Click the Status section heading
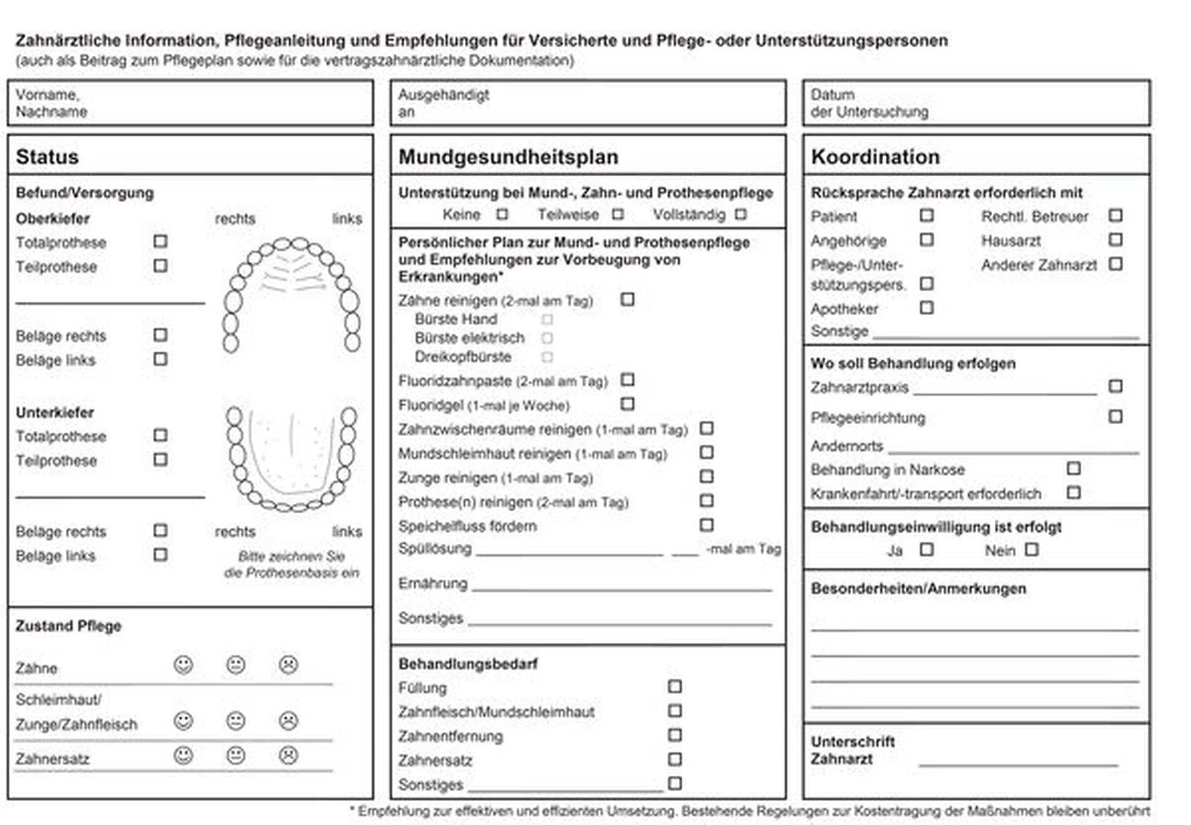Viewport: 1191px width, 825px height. [x=47, y=157]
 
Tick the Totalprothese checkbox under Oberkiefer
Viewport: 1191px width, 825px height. [x=160, y=242]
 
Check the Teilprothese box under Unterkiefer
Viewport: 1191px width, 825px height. [x=160, y=460]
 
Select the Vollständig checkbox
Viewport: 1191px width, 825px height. [x=741, y=214]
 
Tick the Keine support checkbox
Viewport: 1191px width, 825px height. [x=502, y=214]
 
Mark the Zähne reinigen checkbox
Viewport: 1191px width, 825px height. [x=627, y=299]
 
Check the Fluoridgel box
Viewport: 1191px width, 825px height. [x=627, y=404]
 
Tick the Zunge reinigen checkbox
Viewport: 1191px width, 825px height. [x=706, y=477]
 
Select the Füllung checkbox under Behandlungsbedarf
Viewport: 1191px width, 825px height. [x=674, y=687]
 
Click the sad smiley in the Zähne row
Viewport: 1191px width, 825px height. [x=288, y=665]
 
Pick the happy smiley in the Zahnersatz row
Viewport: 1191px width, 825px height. [x=183, y=755]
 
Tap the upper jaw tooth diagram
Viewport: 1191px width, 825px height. [x=291, y=294]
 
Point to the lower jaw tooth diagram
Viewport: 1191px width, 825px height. [x=291, y=457]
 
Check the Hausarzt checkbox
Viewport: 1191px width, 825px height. [x=1115, y=240]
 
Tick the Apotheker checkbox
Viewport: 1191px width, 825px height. [x=926, y=308]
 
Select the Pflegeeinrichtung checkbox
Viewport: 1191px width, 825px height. [x=1115, y=417]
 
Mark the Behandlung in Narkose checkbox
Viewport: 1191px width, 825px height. [x=1074, y=469]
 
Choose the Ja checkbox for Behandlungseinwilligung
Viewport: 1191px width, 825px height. [x=926, y=549]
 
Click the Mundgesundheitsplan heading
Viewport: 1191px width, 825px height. [x=508, y=157]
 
